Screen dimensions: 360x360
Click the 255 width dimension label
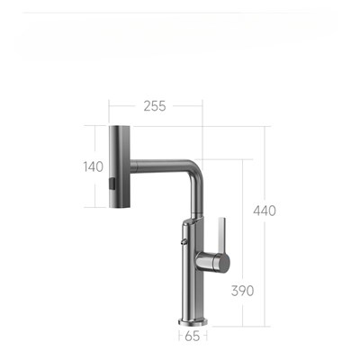click(x=155, y=106)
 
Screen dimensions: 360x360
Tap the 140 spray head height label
click(x=94, y=166)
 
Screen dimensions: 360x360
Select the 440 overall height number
click(x=265, y=211)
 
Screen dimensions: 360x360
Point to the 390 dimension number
click(x=242, y=291)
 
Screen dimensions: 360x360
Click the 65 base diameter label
click(x=193, y=337)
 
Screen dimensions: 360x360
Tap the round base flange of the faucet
click(x=193, y=321)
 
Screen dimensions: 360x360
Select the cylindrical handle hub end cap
click(x=223, y=262)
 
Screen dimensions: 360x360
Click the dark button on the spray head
click(x=112, y=184)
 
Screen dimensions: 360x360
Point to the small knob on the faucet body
click(x=184, y=242)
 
